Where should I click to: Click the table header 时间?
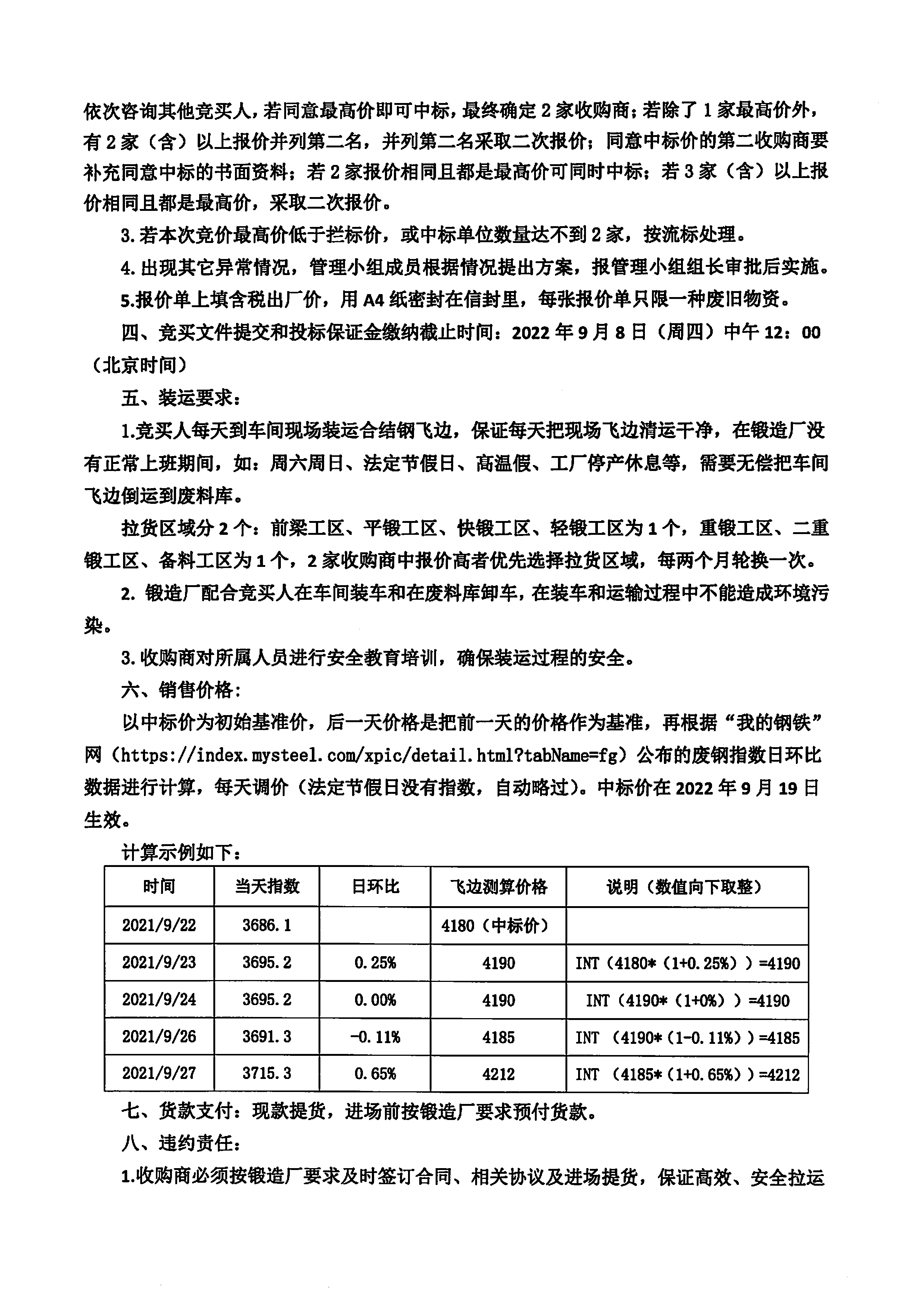click(159, 887)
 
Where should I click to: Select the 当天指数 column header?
click(267, 887)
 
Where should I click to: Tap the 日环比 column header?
click(375, 887)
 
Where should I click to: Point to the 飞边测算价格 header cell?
click(498, 887)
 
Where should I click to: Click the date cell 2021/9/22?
click(159, 926)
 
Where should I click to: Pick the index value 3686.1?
click(267, 926)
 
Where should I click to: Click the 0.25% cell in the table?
click(375, 963)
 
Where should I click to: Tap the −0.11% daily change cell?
click(375, 1038)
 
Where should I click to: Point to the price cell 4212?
click(498, 1074)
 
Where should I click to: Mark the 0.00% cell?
click(375, 1000)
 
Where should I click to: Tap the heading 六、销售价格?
click(181, 690)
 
